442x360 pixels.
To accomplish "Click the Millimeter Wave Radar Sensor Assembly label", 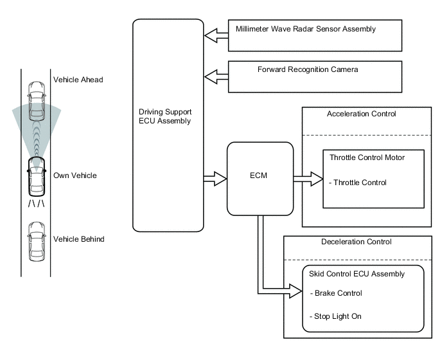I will pos(305,29).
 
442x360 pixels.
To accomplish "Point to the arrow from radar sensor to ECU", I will pos(215,35).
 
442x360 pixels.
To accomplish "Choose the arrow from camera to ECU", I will pos(215,76).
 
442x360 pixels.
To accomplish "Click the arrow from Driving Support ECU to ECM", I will pos(215,178).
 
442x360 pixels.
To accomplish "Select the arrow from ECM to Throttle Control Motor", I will pos(308,179).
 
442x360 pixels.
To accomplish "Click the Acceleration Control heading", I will pos(361,114).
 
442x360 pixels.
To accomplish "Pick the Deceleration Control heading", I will pos(355,242).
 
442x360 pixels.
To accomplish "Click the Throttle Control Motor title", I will pos(367,157).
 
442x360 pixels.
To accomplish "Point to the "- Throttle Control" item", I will pos(357,183).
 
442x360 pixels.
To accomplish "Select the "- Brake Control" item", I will pos(336,293).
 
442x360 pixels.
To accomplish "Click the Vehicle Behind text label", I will pos(79,239).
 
